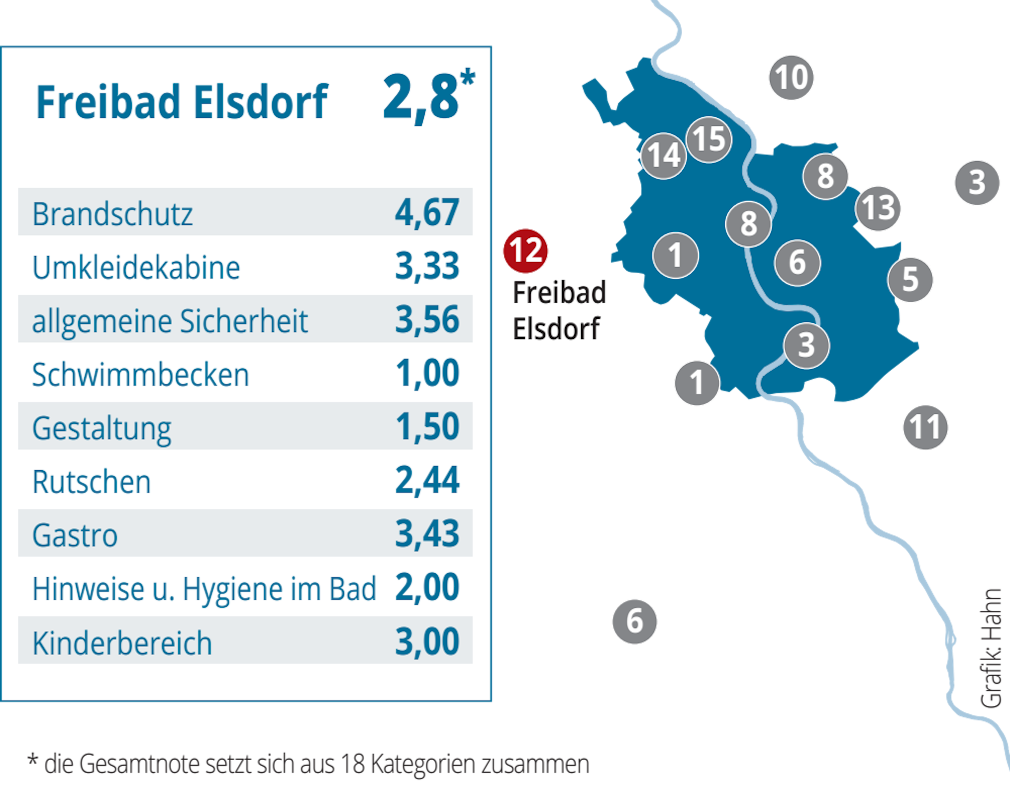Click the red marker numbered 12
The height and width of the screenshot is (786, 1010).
click(x=525, y=251)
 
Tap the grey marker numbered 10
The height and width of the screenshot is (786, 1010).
click(x=791, y=77)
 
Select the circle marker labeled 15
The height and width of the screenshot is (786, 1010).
click(x=709, y=139)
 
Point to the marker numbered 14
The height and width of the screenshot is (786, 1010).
click(x=664, y=156)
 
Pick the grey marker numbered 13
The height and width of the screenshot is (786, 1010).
click(x=878, y=208)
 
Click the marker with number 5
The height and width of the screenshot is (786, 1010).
click(x=911, y=279)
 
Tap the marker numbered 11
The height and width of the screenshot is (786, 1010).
click(x=925, y=427)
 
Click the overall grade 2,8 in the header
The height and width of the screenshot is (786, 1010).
click(x=422, y=97)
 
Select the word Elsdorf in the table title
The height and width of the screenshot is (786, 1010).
click(x=261, y=102)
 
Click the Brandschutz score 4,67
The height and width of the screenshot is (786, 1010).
click(x=427, y=212)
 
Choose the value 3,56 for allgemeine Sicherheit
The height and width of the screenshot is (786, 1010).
click(x=427, y=319)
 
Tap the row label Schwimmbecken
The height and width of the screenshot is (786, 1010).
click(x=140, y=374)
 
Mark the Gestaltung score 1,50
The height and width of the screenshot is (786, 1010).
click(x=427, y=426)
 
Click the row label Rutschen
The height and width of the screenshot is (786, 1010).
click(x=91, y=481)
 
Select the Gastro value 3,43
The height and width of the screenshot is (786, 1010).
click(x=427, y=533)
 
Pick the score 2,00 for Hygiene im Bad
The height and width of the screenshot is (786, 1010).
click(x=427, y=587)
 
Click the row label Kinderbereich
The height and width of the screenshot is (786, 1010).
click(x=122, y=643)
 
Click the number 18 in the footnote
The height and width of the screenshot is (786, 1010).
click(x=352, y=763)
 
